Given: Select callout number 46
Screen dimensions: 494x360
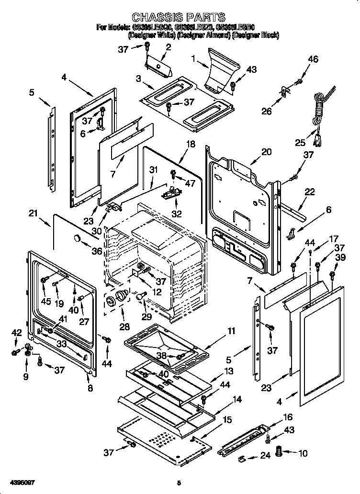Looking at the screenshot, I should coord(313,59).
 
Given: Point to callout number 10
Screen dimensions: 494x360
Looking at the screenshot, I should coord(303,453).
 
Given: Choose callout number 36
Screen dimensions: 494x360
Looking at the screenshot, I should coord(97,251).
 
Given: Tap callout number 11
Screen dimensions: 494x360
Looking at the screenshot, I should coord(231,331).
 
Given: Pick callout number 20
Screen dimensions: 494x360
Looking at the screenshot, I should coord(266,152).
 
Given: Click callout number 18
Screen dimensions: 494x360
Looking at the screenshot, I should coord(191,144).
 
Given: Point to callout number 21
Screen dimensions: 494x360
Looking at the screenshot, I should coord(33,213).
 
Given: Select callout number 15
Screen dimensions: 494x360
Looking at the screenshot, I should coord(227,420).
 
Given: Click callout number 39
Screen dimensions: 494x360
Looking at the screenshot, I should coord(340,258).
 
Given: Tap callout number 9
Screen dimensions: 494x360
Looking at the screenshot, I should coord(26,377).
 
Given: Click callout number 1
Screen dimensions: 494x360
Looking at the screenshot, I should coord(193,59).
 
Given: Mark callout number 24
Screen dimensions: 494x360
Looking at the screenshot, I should coord(265,456).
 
